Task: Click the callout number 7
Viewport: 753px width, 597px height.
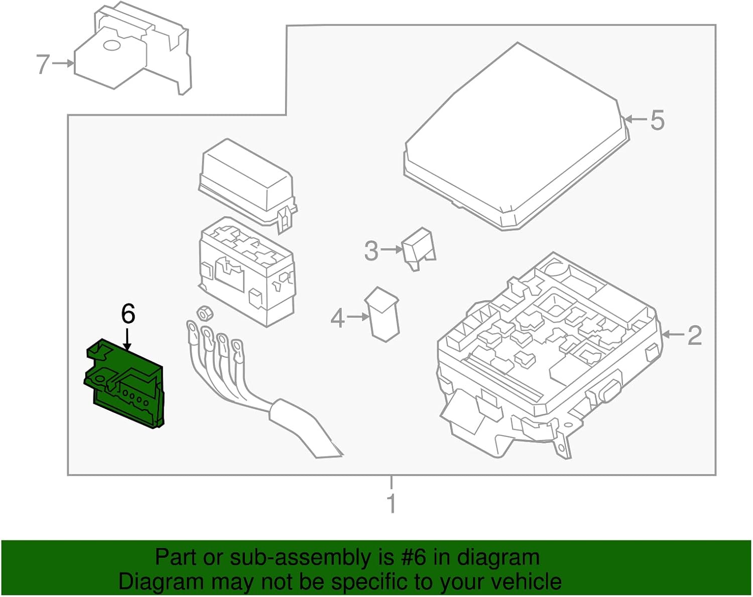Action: [43, 64]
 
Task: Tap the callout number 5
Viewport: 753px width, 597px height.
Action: [657, 120]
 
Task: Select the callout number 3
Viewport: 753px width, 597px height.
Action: [371, 251]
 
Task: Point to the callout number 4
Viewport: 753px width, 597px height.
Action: [338, 318]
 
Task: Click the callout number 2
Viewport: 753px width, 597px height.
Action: [694, 335]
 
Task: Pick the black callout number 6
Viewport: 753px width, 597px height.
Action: [128, 314]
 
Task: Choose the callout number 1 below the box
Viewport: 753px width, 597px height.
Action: [392, 503]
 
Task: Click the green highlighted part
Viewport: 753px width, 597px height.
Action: [125, 386]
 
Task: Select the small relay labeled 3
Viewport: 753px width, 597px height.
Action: [419, 247]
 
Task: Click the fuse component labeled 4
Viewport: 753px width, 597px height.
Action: [384, 315]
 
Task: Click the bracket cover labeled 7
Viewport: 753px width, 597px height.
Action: [133, 50]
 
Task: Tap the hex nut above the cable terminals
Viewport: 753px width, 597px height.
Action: [204, 313]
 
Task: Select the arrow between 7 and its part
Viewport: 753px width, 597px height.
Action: [63, 63]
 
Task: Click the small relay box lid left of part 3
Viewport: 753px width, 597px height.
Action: [246, 181]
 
